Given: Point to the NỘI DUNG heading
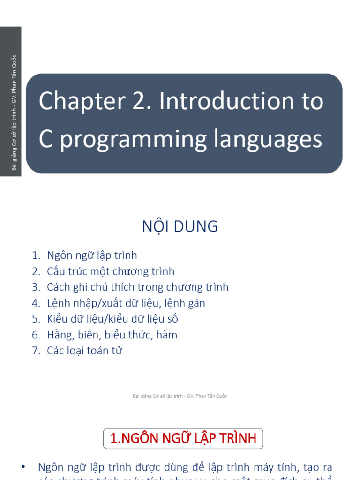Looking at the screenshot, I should tap(180, 226).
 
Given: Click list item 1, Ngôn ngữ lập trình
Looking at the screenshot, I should tap(92, 255).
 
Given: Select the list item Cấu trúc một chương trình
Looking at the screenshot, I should tap(111, 271).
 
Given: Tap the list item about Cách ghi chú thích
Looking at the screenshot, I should tap(137, 287).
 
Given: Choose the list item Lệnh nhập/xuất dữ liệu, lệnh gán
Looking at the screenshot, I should tap(126, 303).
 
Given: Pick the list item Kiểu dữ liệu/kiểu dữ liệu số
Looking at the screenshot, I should tap(112, 319).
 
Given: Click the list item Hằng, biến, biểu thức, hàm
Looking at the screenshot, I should tap(112, 335).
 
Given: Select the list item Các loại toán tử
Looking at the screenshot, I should tap(84, 351).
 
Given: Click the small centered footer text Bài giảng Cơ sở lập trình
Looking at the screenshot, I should tap(180, 396).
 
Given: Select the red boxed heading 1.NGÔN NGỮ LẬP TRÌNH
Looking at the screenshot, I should tap(183, 438).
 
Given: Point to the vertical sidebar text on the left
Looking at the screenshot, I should tap(14, 112).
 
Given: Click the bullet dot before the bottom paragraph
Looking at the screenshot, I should tap(23, 467).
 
